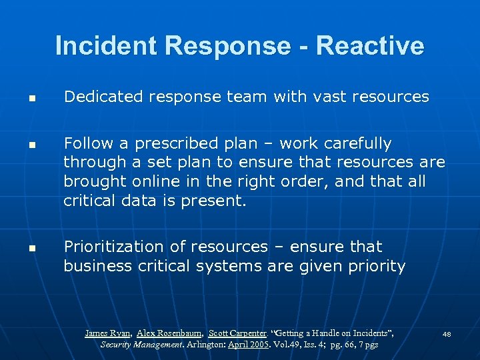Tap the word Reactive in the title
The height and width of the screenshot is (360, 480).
click(x=370, y=46)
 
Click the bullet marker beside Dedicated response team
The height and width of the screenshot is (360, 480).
click(x=31, y=98)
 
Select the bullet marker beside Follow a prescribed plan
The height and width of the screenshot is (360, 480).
click(x=31, y=145)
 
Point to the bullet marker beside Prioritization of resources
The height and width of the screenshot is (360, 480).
click(x=31, y=248)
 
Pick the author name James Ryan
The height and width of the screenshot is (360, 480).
click(x=108, y=333)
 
